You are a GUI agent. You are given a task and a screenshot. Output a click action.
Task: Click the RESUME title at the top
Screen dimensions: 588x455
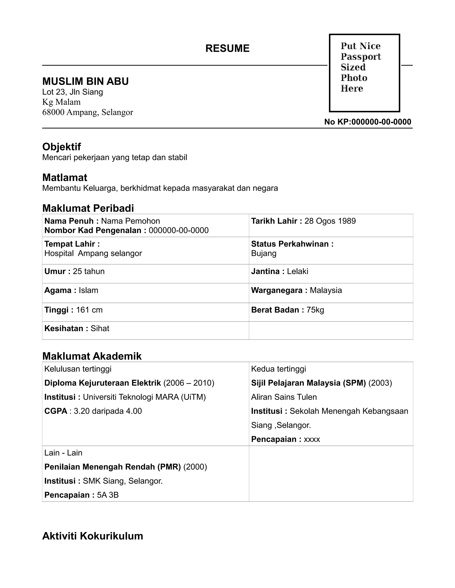[x=227, y=48]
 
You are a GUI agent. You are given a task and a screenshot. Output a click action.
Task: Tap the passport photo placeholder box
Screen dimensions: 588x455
[x=364, y=73]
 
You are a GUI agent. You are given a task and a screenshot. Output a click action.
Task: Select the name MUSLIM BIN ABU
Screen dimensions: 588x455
[x=86, y=81]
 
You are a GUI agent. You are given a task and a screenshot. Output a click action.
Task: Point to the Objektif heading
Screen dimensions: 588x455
[x=62, y=147]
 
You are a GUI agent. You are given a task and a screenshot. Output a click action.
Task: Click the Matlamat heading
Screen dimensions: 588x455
[x=65, y=178]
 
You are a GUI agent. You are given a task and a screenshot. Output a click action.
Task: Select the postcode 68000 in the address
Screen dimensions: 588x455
[x=53, y=112]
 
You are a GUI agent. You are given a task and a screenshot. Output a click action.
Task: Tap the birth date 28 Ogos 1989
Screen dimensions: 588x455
[x=330, y=221]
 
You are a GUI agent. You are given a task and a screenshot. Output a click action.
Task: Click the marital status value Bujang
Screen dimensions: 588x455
[x=264, y=253]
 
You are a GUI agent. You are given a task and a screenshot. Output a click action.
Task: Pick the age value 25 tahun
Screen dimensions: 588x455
[x=89, y=271]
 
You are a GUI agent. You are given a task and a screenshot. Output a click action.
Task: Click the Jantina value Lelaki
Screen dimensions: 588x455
[x=297, y=271]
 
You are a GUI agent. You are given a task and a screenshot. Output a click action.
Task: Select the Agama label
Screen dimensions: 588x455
[x=58, y=290]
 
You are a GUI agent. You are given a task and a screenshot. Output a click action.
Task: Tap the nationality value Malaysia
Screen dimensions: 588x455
[x=326, y=290]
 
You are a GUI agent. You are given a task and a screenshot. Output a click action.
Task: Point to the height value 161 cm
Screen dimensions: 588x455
[x=89, y=310]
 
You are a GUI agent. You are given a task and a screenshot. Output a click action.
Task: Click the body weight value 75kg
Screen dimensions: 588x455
[x=315, y=310]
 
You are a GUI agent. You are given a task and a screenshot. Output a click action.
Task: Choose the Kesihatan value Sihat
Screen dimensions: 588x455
[x=100, y=328]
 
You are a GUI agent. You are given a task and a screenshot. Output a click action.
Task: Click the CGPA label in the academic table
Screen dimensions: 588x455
[x=56, y=411]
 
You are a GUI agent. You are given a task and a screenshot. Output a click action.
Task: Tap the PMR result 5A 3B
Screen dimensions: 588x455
[x=108, y=495]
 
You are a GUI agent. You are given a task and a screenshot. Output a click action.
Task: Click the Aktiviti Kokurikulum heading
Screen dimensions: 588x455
[x=92, y=536]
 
